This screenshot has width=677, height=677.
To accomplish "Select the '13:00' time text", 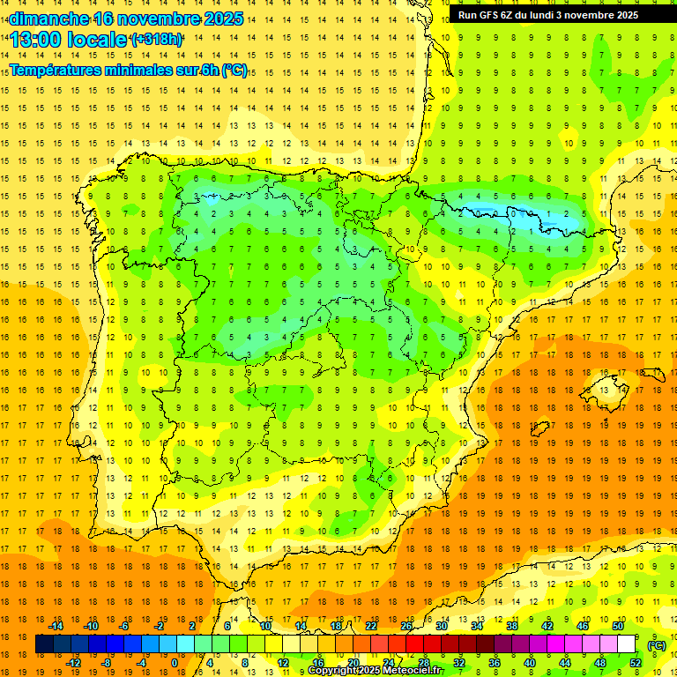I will (36, 40).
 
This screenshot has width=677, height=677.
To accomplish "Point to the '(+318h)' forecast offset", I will (156, 40).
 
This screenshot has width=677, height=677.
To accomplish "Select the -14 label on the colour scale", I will (56, 626).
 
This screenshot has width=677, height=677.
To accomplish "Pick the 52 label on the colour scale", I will (636, 663).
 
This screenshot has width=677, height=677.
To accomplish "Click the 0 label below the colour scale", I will (175, 663).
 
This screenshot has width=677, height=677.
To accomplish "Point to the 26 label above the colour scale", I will (406, 626).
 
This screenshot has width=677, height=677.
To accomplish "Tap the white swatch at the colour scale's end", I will (627, 644).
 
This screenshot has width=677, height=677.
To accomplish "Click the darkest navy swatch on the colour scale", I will (44, 644).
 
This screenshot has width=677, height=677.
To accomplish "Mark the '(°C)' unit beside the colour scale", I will (657, 645).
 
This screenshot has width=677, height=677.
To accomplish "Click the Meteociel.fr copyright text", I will (376, 671).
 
